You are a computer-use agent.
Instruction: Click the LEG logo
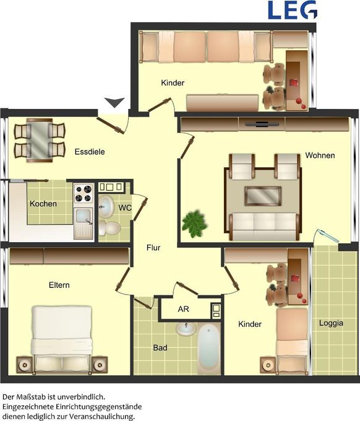pos(293,9)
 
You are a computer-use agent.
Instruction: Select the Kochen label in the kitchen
pos(43,204)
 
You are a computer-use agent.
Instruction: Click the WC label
pos(125,208)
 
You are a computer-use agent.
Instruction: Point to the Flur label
pos(153,248)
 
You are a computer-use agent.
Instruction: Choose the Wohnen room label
pos(320,155)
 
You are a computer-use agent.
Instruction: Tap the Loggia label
pos(331,323)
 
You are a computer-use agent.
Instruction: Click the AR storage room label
pos(183,309)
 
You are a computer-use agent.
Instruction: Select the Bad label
pos(160,348)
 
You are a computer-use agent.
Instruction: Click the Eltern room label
pos(59,285)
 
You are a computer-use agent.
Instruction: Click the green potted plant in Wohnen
pos(195,222)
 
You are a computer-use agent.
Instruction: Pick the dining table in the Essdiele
pos(39,141)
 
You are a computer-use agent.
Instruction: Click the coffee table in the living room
pos(263,196)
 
